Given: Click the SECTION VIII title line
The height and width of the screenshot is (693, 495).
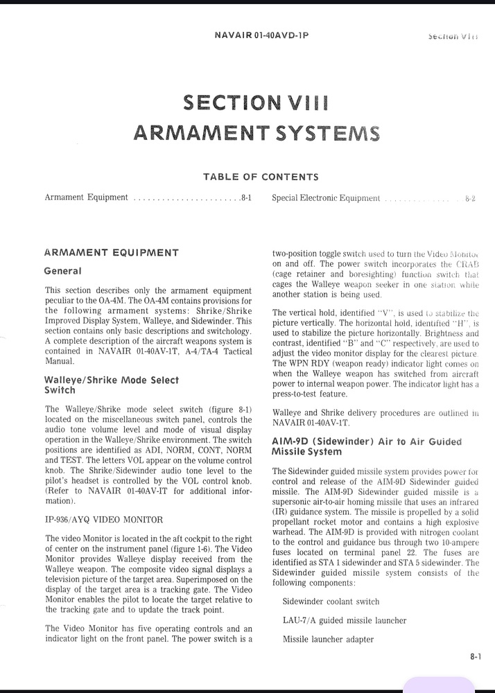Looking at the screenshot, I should coord(256,103).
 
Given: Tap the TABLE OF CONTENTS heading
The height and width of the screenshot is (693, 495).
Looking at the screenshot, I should coord(261,177).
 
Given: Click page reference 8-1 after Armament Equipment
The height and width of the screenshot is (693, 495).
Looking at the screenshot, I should coord(245,198).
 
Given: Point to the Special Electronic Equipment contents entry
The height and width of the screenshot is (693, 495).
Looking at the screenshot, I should coord(326,198).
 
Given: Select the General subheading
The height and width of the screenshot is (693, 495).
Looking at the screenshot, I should coord(62,271).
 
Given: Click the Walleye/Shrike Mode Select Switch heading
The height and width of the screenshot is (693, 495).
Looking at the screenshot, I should coord(111,385).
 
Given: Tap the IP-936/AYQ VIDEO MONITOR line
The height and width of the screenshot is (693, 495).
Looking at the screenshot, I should coord(104,519).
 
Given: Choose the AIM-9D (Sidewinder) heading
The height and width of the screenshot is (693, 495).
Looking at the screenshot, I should coord(366,446).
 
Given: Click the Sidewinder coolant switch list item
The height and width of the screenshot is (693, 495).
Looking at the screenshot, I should coord(331,602).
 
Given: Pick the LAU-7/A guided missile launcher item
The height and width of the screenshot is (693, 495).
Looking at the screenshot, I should coord(344,620).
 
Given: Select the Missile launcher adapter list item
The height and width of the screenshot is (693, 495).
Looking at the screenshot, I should coord(328,639).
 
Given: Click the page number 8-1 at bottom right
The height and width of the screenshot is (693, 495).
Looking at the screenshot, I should coord(475,658).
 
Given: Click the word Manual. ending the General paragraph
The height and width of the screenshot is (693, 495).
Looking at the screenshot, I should coord(60,361).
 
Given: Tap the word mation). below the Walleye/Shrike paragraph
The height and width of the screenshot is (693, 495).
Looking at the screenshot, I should coord(60,500).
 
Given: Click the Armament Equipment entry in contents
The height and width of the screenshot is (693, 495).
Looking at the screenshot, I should coord(86,198).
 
